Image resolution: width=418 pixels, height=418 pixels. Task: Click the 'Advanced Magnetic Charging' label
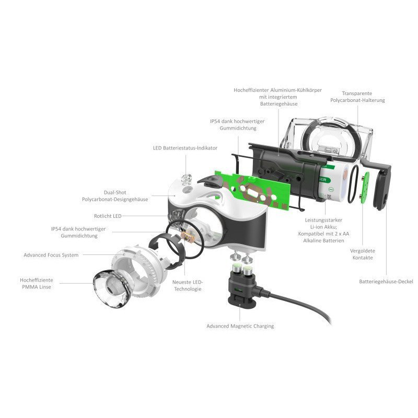(240, 326)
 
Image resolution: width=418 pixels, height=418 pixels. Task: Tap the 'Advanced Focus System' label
(51, 255)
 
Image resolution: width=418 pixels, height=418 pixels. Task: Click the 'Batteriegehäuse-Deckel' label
(386, 282)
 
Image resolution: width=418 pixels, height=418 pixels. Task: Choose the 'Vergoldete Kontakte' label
(362, 254)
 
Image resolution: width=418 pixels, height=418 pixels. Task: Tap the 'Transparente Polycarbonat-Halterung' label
(357, 97)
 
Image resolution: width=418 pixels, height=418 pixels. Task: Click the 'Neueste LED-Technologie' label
(188, 285)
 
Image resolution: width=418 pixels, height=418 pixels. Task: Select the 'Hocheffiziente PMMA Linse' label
(36, 283)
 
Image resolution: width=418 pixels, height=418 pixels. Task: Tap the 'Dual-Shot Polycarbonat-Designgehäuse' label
(115, 195)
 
